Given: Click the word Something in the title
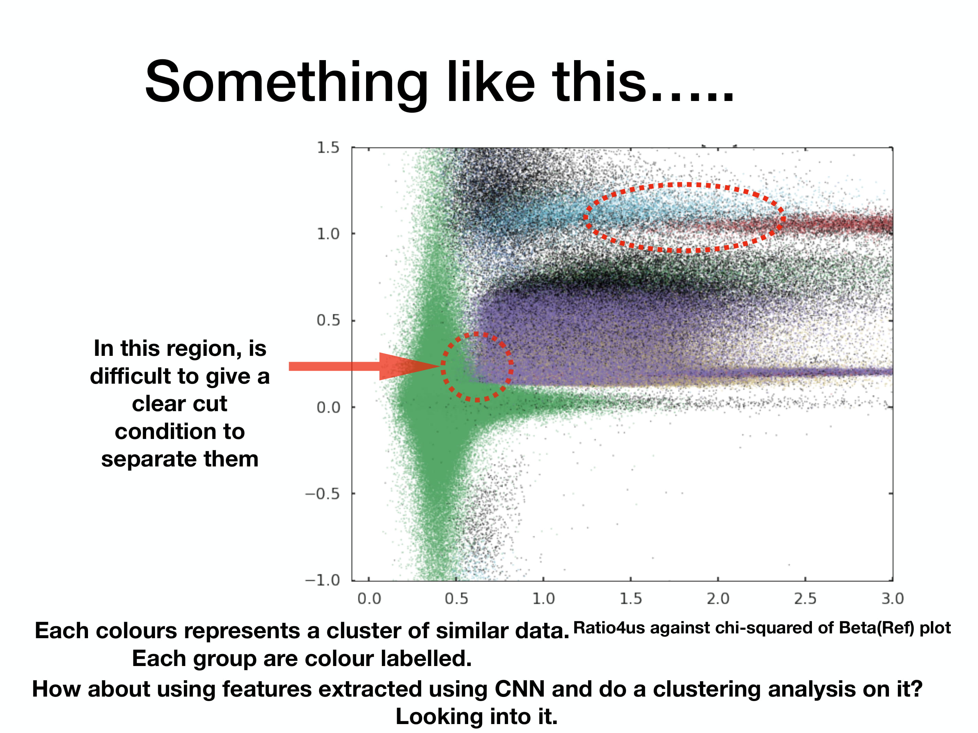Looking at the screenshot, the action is pyautogui.click(x=286, y=83).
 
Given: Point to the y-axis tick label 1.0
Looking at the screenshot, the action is pyautogui.click(x=328, y=233).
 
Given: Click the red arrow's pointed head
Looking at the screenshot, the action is pyautogui.click(x=440, y=366).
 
